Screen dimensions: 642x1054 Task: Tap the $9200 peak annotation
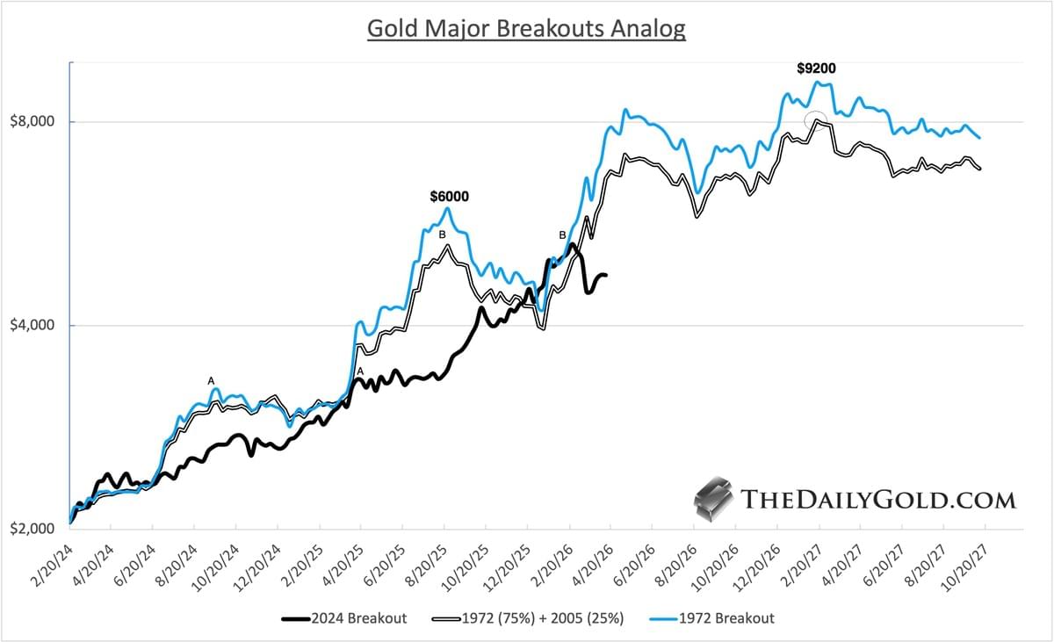coord(816,68)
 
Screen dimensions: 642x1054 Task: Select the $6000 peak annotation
coord(449,197)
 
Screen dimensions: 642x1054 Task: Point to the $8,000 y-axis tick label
coord(36,121)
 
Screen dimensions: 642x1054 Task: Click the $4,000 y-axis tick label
coord(36,326)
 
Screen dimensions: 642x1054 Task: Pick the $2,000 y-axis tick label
coord(36,530)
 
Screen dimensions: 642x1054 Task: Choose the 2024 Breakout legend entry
coord(344,618)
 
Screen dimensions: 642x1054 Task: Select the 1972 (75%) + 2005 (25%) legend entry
coord(527,618)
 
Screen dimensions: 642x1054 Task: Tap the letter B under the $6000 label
coord(443,234)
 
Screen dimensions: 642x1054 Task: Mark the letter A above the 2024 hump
coord(211,380)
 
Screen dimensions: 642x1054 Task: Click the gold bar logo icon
coord(713,499)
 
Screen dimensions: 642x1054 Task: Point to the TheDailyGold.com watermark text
coord(878,500)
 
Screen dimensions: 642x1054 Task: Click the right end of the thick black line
coord(606,276)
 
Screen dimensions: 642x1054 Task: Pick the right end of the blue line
coord(979,138)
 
